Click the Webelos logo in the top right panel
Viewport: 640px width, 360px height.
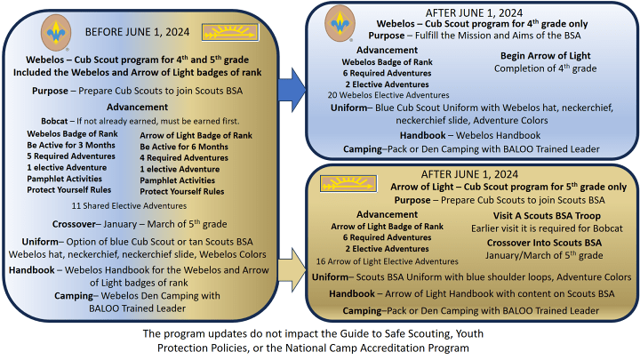tap(338, 20)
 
